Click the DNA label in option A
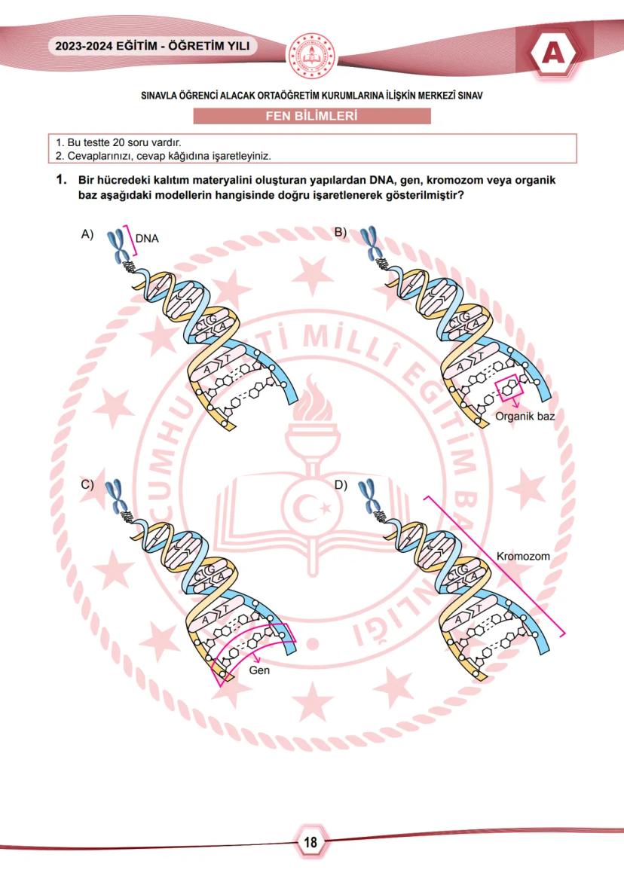[147, 238]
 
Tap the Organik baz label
[525, 417]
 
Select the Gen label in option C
[259, 670]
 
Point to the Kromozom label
[523, 557]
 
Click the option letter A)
[87, 234]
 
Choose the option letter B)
[341, 232]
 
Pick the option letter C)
[87, 484]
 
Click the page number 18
[310, 841]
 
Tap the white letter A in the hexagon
[553, 53]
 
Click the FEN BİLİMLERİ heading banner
[312, 116]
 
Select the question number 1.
[61, 180]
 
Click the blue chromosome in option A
[118, 246]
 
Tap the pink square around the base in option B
[509, 389]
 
